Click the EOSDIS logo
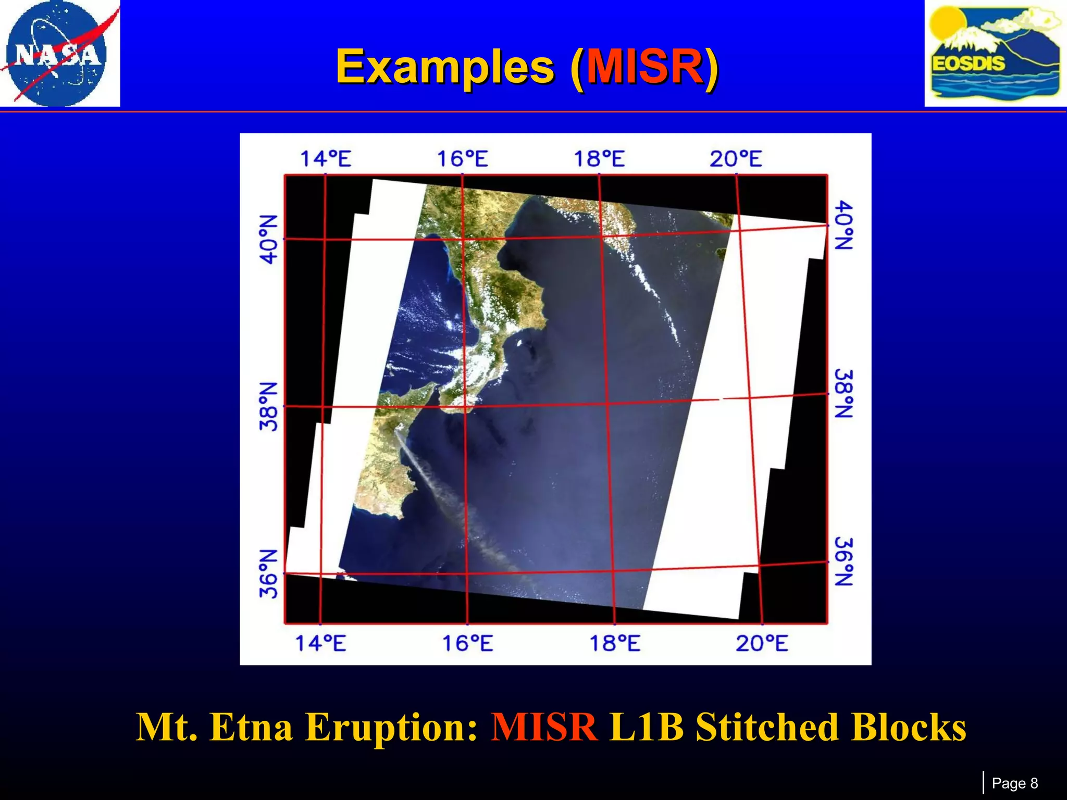995,53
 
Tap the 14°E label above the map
326,158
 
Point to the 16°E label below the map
467,644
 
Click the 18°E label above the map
599,158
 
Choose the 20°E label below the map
762,644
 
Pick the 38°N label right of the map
843,394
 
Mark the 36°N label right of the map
843,562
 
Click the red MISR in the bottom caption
544,727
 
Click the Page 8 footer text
1014,783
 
